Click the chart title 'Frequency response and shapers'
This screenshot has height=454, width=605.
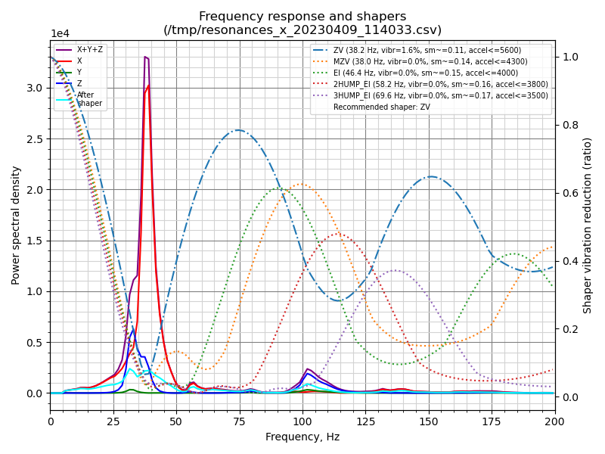point(302,17)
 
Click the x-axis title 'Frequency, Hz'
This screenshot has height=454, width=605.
point(302,437)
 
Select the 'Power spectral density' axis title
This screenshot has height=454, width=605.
point(16,225)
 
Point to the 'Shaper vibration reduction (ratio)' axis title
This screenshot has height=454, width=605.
point(588,225)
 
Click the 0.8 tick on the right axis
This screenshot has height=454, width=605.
point(569,125)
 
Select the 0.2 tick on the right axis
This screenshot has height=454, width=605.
point(569,329)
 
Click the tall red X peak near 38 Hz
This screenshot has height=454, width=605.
point(148,86)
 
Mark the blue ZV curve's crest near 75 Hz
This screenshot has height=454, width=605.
point(238,130)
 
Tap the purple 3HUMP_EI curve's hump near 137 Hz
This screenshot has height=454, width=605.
point(396,270)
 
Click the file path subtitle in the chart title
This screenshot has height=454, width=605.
point(302,30)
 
